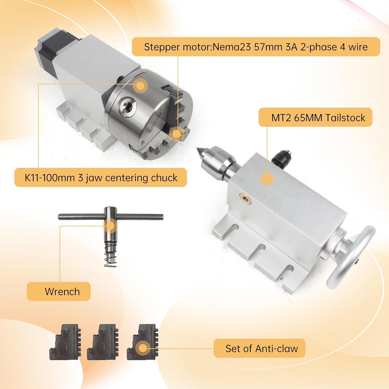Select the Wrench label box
(59, 291)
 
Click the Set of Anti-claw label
(259, 348)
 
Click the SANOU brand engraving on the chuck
(155, 122)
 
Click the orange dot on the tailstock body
(267, 179)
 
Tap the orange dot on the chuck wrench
(110, 225)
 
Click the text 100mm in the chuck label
(58, 178)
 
